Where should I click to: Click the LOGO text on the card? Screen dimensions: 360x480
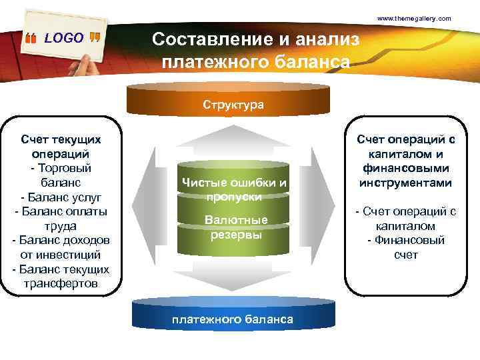tap(64, 38)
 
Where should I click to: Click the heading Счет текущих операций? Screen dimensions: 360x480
tap(61, 146)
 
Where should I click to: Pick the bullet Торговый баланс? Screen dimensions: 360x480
tap(61, 175)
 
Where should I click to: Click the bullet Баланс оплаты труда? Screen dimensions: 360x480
tap(61, 219)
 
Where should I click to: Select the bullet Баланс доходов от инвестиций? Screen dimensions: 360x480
tap(61, 247)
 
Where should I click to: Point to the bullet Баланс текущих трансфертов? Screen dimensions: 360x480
tap(61, 276)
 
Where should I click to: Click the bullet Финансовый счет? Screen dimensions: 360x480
tap(405, 248)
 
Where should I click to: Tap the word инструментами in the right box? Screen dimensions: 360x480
tap(405, 183)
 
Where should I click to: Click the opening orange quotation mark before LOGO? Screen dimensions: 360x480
tap(31, 39)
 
